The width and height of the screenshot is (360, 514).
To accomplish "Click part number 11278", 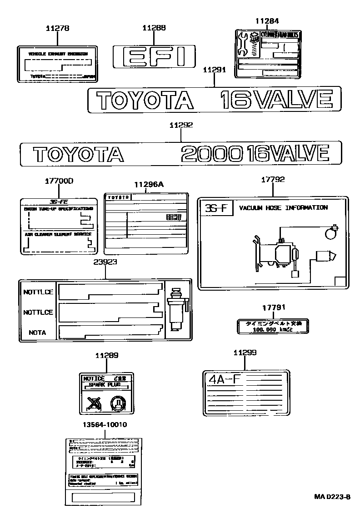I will [x=57, y=28].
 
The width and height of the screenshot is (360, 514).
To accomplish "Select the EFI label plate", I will [x=154, y=57].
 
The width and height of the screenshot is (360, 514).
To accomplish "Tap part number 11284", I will [x=267, y=21].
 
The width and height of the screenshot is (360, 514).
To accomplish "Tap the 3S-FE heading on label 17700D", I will [x=58, y=202].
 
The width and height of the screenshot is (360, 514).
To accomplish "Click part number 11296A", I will [x=149, y=184].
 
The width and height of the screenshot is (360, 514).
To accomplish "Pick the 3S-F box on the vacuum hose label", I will [x=216, y=208].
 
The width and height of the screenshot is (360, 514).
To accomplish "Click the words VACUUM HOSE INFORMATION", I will [x=283, y=208].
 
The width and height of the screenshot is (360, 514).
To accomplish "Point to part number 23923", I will [x=105, y=262].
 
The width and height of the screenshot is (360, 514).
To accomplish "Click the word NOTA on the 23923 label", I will [x=37, y=333].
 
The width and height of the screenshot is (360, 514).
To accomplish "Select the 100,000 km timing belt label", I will [x=272, y=326].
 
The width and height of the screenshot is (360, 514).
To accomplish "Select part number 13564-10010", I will [x=105, y=424].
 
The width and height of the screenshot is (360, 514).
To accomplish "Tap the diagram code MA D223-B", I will [x=332, y=496].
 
